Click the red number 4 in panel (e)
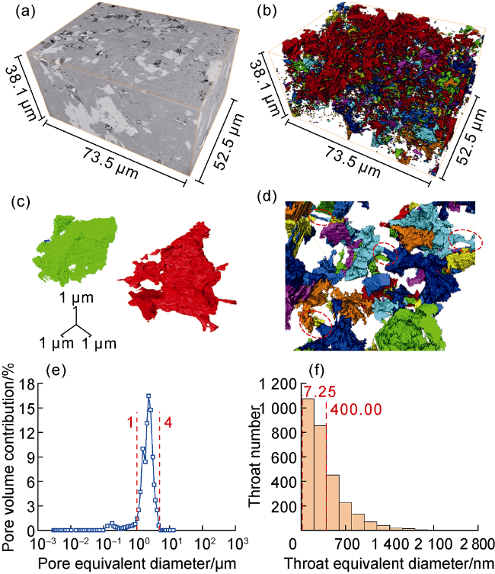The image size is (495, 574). tap(165, 422)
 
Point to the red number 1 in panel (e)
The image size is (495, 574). tap(130, 422)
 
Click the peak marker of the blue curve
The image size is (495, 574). tap(148, 396)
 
